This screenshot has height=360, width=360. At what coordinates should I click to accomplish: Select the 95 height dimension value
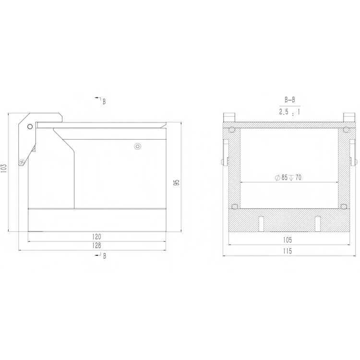coord(177,182)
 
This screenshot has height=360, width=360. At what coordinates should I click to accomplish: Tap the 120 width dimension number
coord(96,237)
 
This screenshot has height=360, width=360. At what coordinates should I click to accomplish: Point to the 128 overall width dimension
coord(96,245)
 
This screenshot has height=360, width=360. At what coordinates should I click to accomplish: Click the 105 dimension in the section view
coord(288,240)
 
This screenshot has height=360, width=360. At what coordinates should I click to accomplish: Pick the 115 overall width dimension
coord(288,251)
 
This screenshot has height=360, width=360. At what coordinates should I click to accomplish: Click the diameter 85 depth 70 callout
coord(288,178)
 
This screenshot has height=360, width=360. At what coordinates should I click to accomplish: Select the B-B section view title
coord(290,100)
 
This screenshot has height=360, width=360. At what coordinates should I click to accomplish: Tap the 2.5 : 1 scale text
coord(289,112)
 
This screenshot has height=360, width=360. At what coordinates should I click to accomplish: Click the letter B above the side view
coord(104,101)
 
